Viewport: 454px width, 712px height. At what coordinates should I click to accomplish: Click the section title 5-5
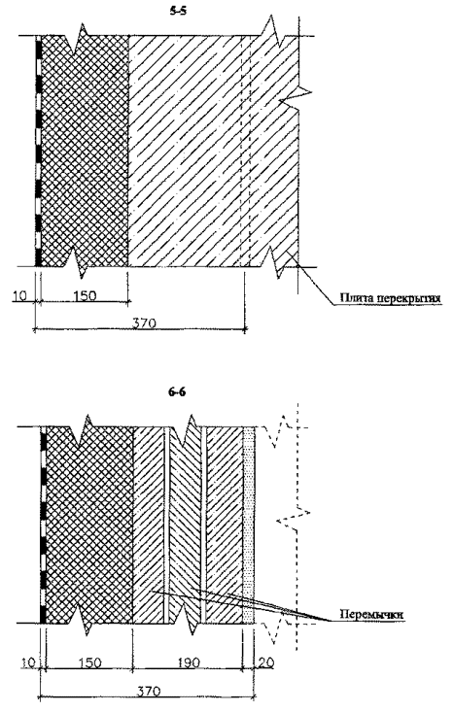178,12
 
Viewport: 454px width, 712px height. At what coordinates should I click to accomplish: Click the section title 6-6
176,391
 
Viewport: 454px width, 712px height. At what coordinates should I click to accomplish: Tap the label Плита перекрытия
391,298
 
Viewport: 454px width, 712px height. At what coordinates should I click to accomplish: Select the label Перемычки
371,614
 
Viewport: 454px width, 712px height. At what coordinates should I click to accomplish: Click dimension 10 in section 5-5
19,295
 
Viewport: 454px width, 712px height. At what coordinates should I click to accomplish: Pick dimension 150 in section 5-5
85,295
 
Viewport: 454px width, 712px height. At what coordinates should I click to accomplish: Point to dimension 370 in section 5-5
144,322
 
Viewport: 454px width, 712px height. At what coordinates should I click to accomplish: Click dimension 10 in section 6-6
28,663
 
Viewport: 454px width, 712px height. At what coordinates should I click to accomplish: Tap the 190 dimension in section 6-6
189,663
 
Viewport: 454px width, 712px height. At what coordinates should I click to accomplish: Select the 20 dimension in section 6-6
266,663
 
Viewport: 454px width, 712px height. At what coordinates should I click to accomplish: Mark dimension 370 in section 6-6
149,692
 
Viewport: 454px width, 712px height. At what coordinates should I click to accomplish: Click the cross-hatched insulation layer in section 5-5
85,151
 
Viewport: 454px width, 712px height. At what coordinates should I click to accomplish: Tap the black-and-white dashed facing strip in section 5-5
38,151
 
